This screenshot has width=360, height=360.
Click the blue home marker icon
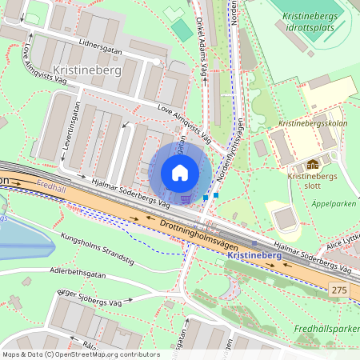180,172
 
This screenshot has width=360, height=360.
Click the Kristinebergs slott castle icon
312,164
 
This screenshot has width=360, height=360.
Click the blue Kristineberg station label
254,255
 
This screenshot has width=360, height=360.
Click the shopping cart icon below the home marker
186,198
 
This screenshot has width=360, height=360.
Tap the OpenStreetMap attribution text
81,354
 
